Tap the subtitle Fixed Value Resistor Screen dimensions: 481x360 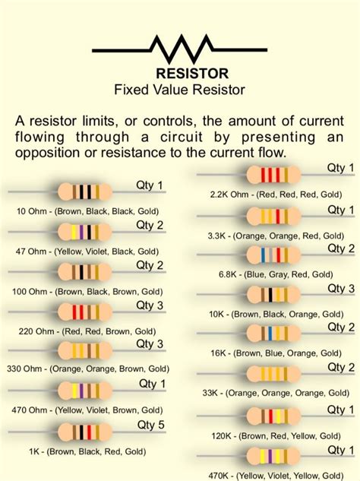pos(180,90)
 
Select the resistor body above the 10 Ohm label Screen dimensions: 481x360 pos(84,191)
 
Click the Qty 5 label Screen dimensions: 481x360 pos(150,424)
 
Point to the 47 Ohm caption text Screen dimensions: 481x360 pos(87,250)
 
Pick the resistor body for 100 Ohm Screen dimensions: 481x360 pos(84,271)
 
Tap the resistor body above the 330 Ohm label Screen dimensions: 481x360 pos(84,350)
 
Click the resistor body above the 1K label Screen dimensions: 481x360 pos(84,430)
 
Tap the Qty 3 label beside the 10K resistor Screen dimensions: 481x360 pos(341,288)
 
